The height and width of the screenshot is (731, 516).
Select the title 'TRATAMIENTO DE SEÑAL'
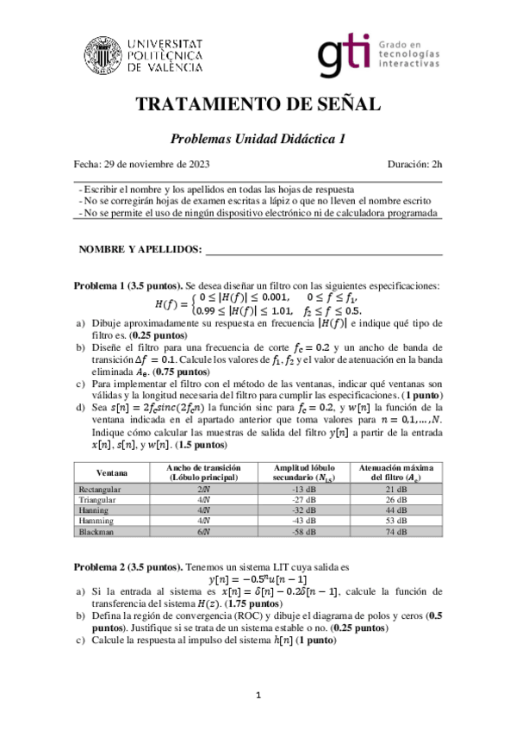(x=258, y=105)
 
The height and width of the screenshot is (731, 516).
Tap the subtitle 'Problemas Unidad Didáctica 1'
(x=258, y=138)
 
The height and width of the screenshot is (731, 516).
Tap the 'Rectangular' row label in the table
(x=101, y=489)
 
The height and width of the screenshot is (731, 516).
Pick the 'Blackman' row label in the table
(x=96, y=530)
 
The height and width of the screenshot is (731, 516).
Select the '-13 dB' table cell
(x=304, y=489)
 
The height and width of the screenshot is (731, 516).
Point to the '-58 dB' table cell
(x=304, y=530)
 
